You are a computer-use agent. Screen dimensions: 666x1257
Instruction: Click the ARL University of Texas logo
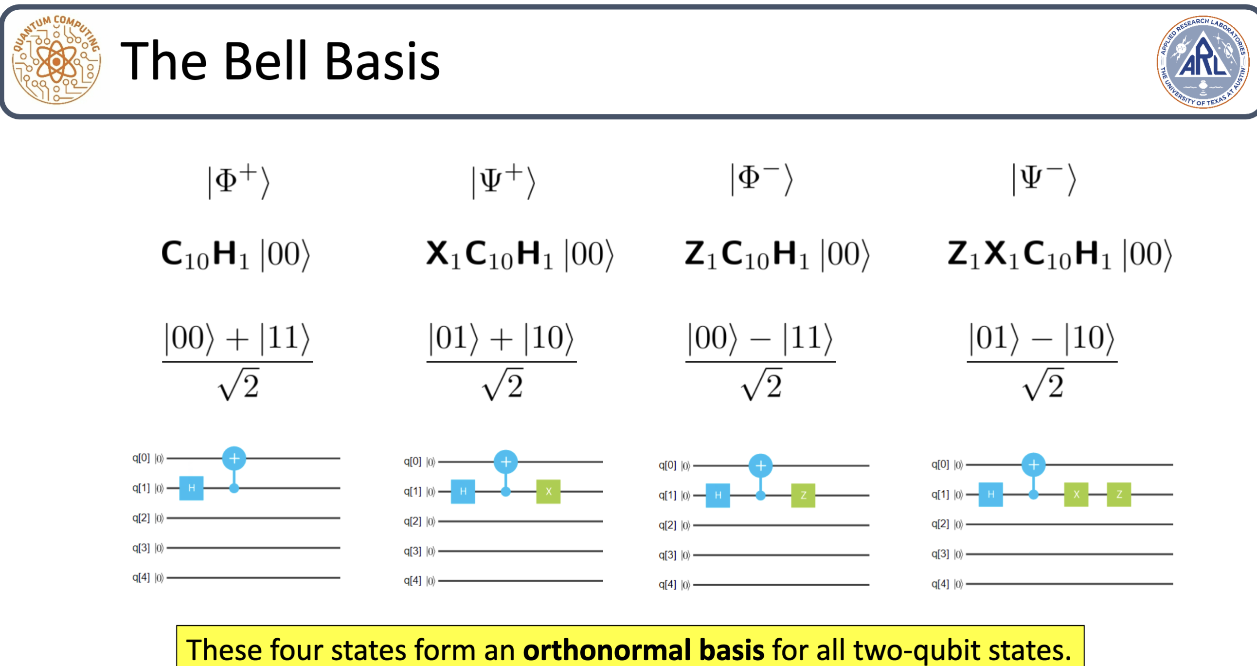[1203, 61]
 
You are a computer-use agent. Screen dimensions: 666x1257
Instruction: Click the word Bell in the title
[266, 61]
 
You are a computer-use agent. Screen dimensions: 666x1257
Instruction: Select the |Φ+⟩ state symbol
[239, 181]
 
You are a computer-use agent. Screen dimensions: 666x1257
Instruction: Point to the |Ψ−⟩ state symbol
[1044, 179]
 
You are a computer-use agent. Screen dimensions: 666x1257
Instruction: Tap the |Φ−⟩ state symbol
[761, 179]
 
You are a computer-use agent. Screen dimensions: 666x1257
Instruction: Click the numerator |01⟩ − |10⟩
[1042, 338]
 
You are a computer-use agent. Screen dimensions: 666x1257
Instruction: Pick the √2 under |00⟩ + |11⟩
[239, 386]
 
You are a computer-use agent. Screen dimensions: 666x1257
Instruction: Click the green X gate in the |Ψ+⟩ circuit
[548, 491]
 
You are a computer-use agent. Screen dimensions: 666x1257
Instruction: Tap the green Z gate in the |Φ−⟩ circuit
[803, 495]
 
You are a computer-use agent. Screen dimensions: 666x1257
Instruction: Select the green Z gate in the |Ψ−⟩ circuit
[1118, 494]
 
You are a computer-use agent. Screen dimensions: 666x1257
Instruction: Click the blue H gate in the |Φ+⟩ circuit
[191, 488]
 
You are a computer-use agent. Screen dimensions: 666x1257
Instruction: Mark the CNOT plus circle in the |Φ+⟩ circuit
[234, 459]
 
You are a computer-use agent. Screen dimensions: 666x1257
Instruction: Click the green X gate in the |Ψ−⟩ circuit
[1076, 494]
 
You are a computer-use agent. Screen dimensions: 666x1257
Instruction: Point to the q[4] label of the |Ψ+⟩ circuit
[413, 580]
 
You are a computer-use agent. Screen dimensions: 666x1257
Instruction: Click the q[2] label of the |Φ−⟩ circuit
[667, 525]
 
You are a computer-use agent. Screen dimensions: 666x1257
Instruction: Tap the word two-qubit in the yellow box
[923, 649]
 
